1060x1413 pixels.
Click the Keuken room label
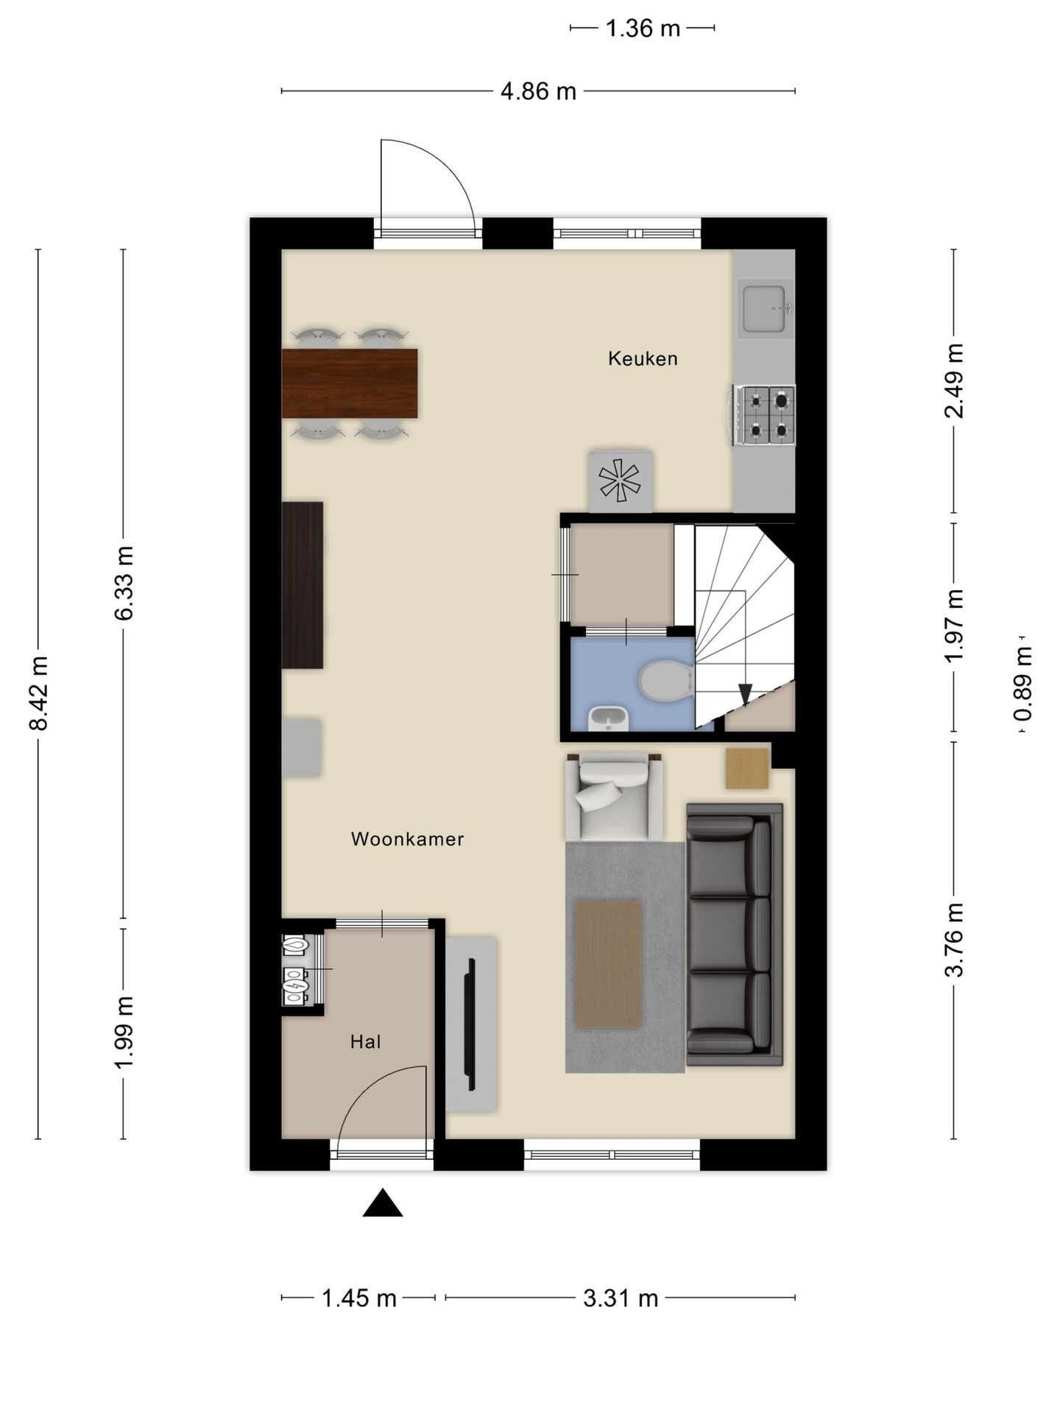(x=643, y=358)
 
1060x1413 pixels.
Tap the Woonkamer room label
(x=407, y=839)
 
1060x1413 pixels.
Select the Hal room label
(x=365, y=1041)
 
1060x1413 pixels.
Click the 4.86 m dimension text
(x=538, y=91)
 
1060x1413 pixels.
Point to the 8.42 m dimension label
(x=38, y=693)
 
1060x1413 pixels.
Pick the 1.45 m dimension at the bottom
(x=358, y=1298)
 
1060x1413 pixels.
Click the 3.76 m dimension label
(x=954, y=939)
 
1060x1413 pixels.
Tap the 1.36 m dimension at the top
(x=642, y=29)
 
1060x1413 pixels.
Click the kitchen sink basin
(x=766, y=308)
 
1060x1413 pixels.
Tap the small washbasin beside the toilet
(x=609, y=718)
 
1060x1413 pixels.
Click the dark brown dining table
(x=350, y=383)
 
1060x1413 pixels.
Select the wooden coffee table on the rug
(x=609, y=963)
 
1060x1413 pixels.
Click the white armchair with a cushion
(x=614, y=797)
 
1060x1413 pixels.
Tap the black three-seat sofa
(x=734, y=934)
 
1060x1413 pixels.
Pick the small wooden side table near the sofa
(x=747, y=768)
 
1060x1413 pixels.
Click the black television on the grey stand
(x=470, y=1024)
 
